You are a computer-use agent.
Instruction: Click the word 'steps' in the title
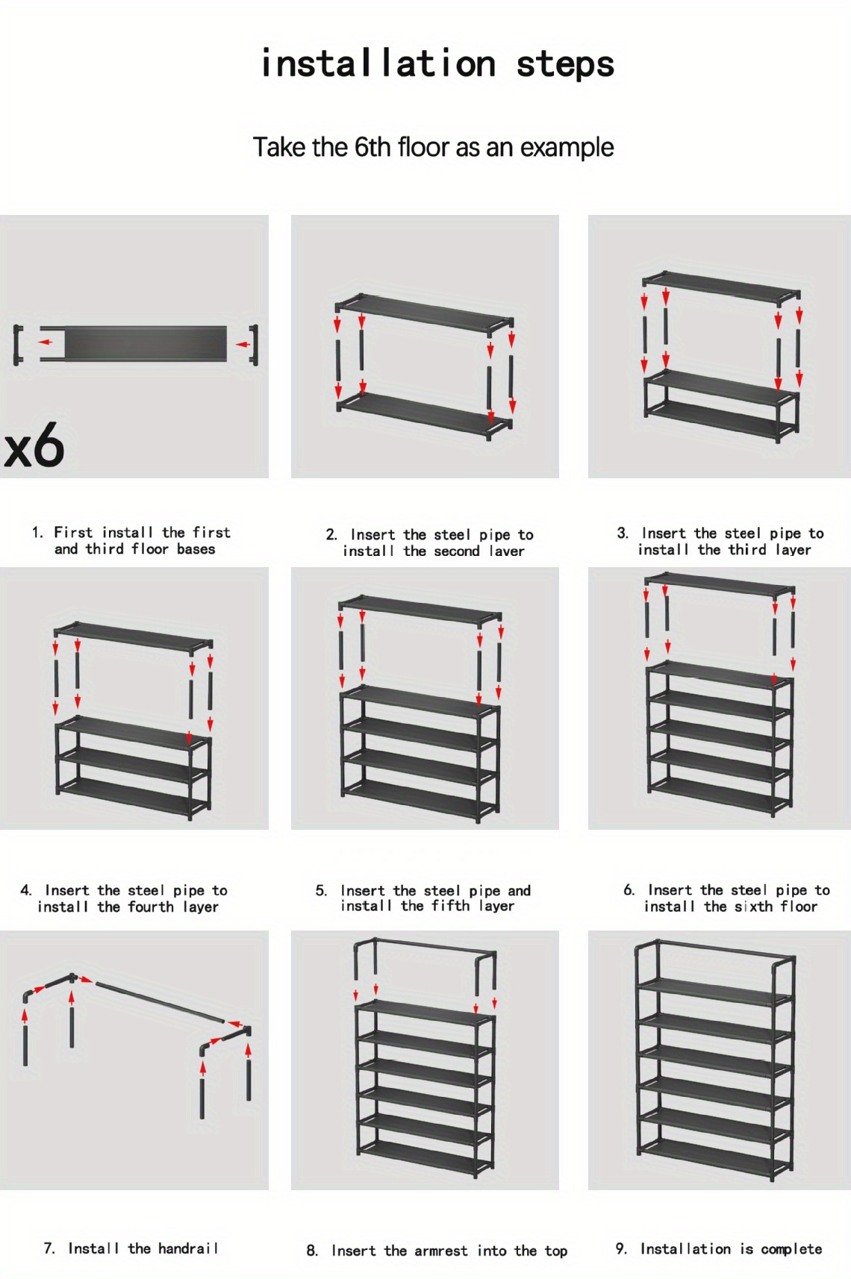coord(565,64)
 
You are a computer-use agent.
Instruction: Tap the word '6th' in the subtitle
coord(372,148)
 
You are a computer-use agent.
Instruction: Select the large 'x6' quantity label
coord(34,447)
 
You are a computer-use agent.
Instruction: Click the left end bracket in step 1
coord(17,345)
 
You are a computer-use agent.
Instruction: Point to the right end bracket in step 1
coord(255,345)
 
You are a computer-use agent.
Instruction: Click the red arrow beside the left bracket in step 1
coord(46,343)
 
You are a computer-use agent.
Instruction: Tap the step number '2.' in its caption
coord(331,535)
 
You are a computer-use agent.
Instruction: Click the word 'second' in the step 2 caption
coord(457,551)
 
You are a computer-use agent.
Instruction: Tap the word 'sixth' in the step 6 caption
coord(753,907)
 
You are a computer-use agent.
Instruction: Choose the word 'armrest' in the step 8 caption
coord(441,1251)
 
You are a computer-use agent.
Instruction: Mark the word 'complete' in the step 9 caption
coord(791,1249)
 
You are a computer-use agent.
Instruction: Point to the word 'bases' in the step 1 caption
coord(196,549)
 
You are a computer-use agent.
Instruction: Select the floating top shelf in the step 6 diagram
coord(720,582)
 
